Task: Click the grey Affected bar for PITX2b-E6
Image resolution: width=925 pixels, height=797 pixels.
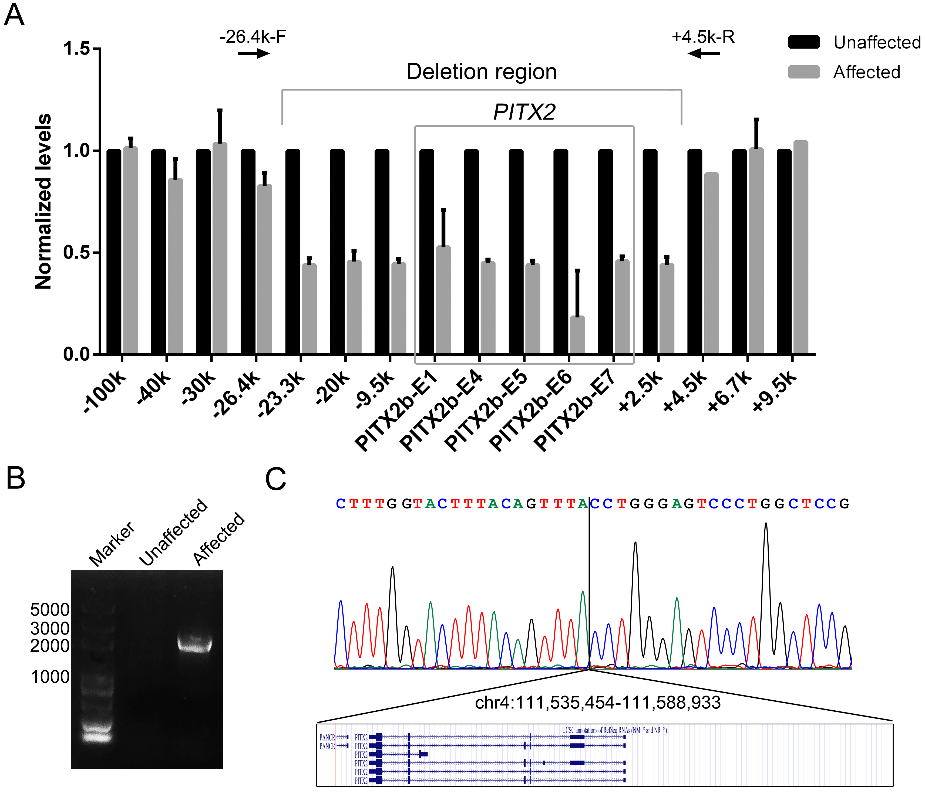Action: tap(577, 335)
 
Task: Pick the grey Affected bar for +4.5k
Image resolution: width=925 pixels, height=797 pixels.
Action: tap(712, 263)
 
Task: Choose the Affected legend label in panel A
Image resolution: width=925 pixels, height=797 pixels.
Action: tap(866, 72)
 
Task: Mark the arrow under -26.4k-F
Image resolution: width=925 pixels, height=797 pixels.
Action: tap(254, 54)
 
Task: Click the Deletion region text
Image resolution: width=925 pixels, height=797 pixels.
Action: tap(481, 72)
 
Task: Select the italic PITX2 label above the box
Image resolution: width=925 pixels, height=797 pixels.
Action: tap(524, 111)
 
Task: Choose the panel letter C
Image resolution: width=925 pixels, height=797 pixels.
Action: tap(275, 480)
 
